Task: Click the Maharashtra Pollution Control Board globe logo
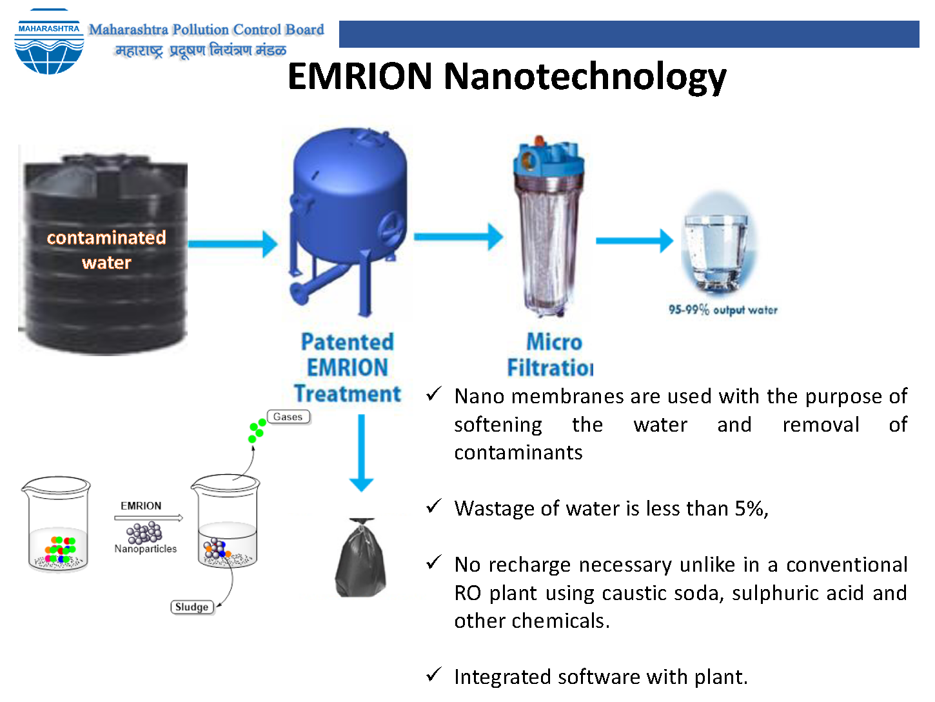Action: pyautogui.click(x=49, y=42)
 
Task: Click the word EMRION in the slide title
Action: pyautogui.click(x=360, y=76)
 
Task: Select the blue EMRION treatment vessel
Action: pyautogui.click(x=348, y=222)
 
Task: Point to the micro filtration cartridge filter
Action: pyautogui.click(x=549, y=226)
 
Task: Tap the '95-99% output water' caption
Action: pyautogui.click(x=723, y=310)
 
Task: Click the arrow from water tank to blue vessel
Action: pyautogui.click(x=233, y=245)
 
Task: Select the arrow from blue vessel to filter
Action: pyautogui.click(x=458, y=237)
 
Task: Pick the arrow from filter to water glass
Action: pyautogui.click(x=635, y=241)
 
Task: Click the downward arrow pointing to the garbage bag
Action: pyautogui.click(x=361, y=453)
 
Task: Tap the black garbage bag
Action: pyautogui.click(x=361, y=557)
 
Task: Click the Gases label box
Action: pyautogui.click(x=288, y=417)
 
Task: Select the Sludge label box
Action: pyautogui.click(x=192, y=607)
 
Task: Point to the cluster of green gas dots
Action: pyautogui.click(x=257, y=430)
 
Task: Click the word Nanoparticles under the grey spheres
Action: pyautogui.click(x=145, y=548)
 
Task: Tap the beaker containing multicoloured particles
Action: pyautogui.click(x=56, y=525)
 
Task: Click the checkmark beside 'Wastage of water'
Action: pyautogui.click(x=433, y=506)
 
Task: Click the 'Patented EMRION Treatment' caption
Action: pyautogui.click(x=348, y=367)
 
